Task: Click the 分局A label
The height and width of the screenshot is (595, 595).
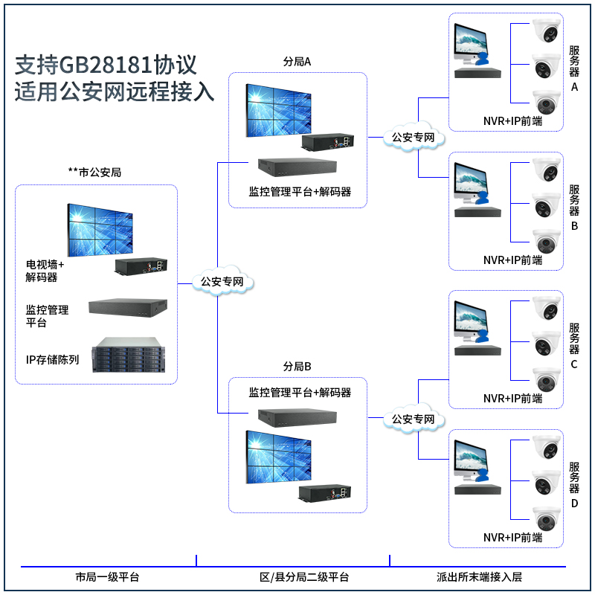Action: coord(297,62)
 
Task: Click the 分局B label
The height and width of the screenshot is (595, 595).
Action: coord(297,367)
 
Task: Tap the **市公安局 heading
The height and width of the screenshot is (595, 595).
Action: coord(94,172)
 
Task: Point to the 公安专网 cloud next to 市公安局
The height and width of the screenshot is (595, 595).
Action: coord(222,282)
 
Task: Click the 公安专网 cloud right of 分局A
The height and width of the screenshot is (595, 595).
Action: coord(413,138)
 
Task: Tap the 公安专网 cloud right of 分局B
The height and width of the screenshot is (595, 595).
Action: coord(413,420)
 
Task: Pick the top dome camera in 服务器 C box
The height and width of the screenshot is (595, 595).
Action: coord(547,307)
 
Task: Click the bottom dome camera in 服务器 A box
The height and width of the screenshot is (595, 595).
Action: coord(547,101)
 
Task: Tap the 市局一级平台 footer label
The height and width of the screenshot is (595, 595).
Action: coord(107,577)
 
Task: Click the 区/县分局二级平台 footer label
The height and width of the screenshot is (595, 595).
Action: coord(304,577)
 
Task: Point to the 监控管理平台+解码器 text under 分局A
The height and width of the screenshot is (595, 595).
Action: coord(300,191)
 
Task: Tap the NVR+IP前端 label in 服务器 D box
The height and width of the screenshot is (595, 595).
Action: coord(512,538)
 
